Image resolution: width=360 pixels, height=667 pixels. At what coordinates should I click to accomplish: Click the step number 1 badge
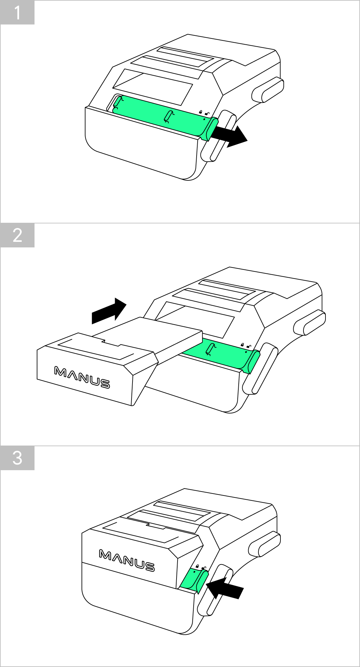click(17, 12)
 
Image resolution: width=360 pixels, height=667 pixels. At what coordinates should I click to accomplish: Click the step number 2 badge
click(17, 235)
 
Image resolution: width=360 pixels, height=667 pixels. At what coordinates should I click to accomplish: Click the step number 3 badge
click(17, 458)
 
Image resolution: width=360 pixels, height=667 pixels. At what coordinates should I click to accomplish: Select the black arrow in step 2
click(109, 310)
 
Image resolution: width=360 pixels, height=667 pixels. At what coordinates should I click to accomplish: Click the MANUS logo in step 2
click(82, 378)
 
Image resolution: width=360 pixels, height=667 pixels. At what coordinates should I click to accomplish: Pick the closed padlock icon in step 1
click(201, 112)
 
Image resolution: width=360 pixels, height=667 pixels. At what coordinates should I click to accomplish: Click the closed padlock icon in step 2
click(242, 345)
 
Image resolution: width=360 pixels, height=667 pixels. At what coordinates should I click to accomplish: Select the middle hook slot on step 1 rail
click(169, 117)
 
